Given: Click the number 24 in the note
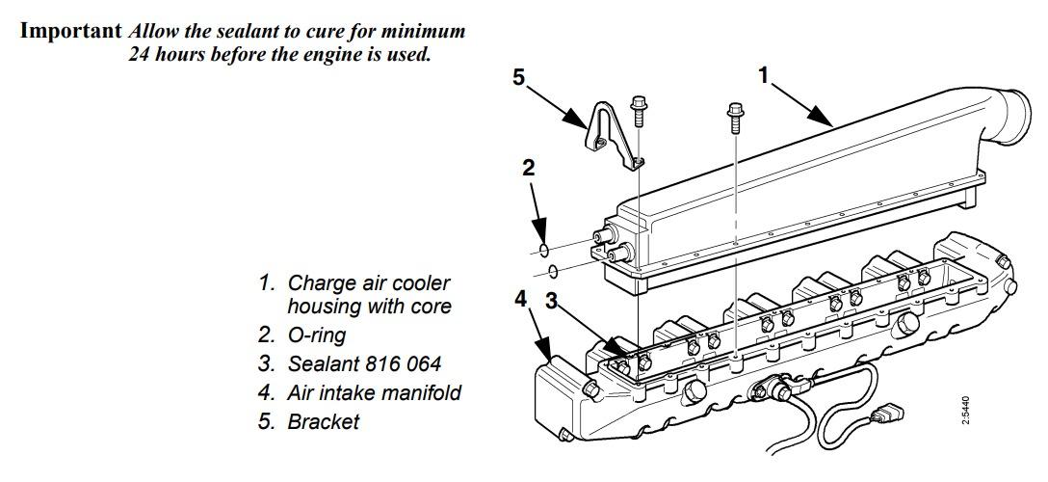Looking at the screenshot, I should coord(141,54).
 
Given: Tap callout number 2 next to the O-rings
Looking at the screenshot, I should coord(528,168).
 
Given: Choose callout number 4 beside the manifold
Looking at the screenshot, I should coord(521,300).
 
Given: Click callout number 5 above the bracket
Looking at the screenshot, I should coord(519,77).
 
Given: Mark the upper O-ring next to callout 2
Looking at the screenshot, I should coord(544,251).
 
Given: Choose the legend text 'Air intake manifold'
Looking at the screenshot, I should coord(374,392).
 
